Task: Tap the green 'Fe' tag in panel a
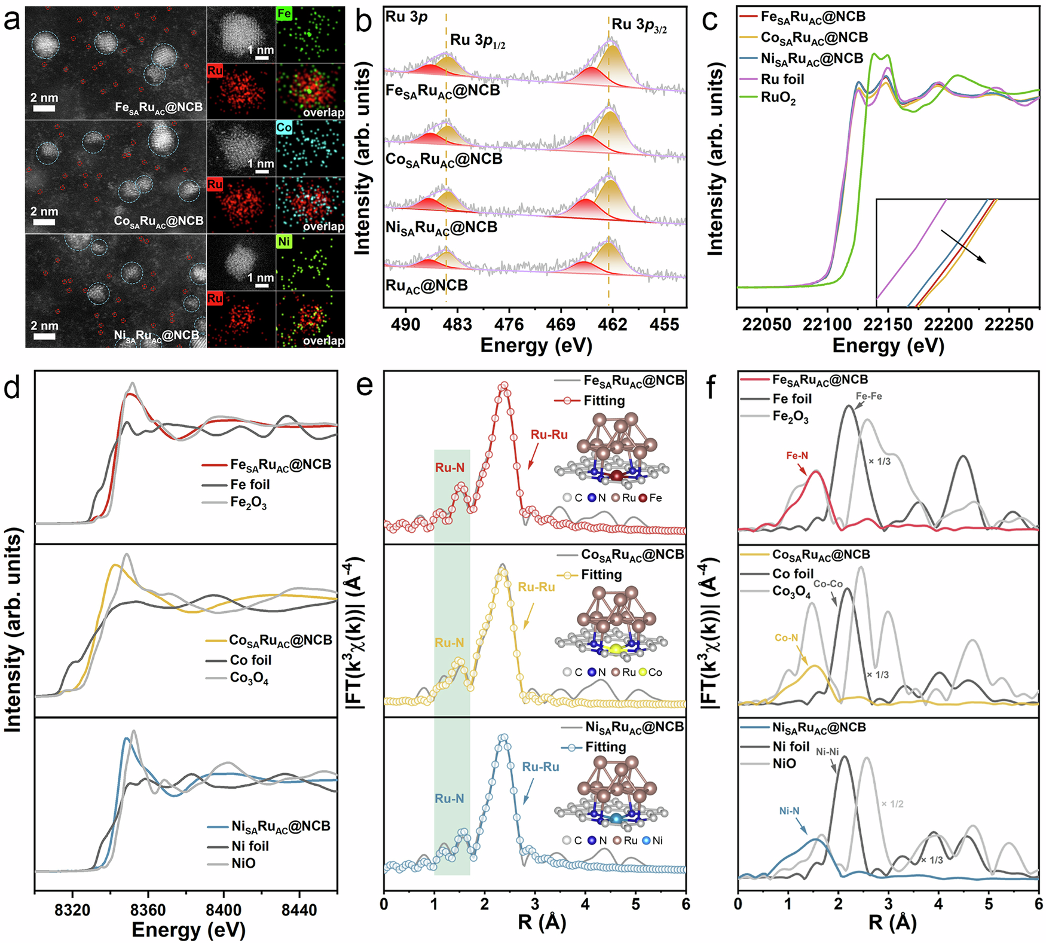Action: point(284,13)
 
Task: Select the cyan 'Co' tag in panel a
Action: point(284,127)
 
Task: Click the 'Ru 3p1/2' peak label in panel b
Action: point(478,41)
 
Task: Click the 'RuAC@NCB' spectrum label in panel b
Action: point(426,286)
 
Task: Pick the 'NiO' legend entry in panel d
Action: point(243,863)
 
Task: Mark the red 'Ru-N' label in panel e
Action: point(449,468)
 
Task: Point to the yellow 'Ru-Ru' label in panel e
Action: point(536,587)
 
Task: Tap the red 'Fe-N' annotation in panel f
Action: point(797,456)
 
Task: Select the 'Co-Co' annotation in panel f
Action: point(828,584)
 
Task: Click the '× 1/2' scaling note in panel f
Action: point(892,804)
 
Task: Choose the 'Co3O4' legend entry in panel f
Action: point(791,591)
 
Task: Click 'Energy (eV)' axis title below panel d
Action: point(188,930)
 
